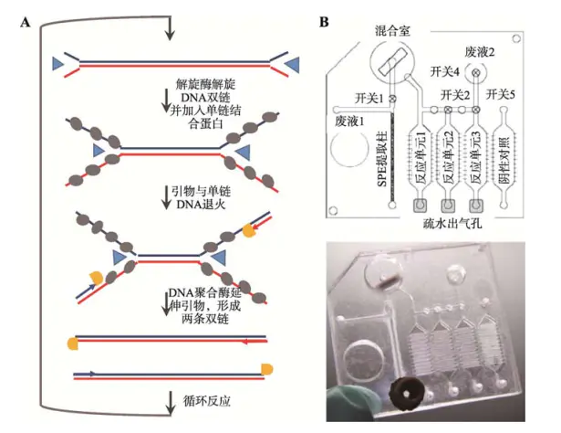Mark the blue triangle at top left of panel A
click(x=59, y=63)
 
